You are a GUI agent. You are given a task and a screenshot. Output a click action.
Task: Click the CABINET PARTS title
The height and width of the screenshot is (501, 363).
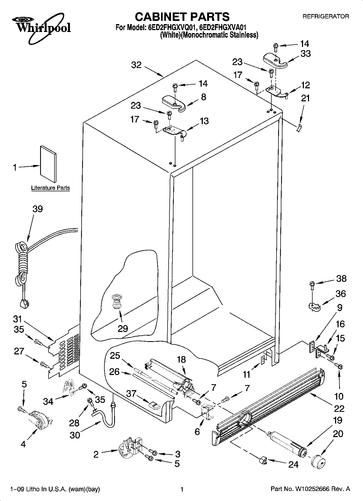coord(182,17)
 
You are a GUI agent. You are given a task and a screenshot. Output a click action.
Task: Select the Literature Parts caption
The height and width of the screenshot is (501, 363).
coord(50,188)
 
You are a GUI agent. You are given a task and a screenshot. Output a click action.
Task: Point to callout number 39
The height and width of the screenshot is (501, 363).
coord(38,209)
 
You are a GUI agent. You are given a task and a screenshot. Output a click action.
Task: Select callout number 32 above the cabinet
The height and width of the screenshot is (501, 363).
coord(136,65)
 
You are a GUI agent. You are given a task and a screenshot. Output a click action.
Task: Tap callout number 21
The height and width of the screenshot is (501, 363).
coord(305,98)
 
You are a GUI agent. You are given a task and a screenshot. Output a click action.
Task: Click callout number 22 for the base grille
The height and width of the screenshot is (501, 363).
coord(339,408)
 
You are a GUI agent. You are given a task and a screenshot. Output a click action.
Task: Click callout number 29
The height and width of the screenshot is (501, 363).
coord(123,329)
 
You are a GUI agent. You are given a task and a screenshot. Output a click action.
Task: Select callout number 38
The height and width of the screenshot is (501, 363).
coord(341,279)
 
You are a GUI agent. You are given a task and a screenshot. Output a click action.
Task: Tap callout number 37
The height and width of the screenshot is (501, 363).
coord(131,393)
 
